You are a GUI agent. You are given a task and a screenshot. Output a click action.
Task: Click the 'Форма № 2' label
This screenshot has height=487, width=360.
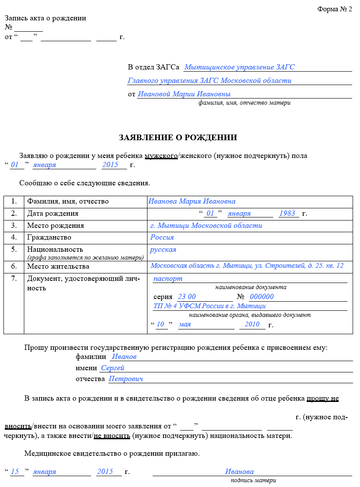tap(334, 9)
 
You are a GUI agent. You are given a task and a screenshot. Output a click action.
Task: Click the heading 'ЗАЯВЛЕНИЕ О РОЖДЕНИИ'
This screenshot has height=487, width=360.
tap(178, 138)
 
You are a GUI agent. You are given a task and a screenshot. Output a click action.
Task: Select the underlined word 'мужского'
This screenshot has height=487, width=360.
tap(161, 155)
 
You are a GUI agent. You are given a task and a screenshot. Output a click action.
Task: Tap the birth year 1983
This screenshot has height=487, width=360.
tap(287, 214)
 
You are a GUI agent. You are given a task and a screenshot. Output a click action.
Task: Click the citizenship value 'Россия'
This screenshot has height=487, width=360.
tap(162, 237)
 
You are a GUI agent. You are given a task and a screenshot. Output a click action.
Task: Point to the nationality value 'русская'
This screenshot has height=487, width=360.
tap(163, 250)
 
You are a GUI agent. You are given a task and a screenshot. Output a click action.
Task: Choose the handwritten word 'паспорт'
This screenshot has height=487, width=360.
tap(168, 279)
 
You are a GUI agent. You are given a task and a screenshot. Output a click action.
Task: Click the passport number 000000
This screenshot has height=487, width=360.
tap(262, 297)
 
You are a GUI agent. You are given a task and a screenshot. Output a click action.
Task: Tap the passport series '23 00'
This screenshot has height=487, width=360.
tap(187, 297)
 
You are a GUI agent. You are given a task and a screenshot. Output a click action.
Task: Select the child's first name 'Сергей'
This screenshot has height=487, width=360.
tap(113, 368)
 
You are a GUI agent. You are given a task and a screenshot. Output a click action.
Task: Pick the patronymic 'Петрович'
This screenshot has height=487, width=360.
tap(126, 379)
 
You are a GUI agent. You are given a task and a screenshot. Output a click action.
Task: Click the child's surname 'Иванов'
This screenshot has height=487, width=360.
tap(124, 357)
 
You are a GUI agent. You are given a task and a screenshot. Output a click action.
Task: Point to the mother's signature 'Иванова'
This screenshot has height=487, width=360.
tap(239, 472)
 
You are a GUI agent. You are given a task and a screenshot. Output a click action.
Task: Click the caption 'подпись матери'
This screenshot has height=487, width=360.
tap(253, 480)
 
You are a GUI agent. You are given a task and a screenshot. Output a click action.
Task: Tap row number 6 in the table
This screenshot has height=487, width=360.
tap(14, 267)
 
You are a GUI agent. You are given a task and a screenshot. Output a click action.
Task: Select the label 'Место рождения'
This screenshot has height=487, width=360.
tap(56, 226)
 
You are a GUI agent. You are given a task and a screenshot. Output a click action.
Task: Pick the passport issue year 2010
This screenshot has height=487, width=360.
tap(252, 324)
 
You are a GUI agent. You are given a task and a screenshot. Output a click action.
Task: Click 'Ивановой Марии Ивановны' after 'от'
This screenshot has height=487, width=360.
tap(184, 94)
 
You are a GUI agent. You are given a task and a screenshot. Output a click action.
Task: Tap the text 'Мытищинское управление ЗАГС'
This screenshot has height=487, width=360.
tap(239, 67)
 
